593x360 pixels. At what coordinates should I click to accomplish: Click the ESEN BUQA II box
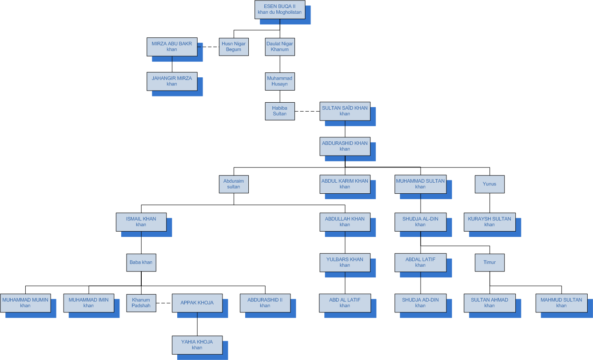point(280,9)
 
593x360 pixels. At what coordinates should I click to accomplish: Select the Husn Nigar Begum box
point(234,47)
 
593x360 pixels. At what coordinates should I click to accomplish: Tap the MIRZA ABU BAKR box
point(172,47)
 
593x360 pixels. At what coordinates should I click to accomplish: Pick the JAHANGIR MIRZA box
point(172,81)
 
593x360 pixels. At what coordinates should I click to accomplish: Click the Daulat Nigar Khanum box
point(280,47)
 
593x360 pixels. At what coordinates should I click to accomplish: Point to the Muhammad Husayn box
point(280,81)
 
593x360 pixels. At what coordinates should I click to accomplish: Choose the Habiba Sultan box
point(280,111)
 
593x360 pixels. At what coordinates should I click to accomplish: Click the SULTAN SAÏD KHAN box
point(345,111)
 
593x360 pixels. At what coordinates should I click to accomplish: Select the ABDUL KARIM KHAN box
point(345,184)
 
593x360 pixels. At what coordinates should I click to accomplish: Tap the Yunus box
point(490,184)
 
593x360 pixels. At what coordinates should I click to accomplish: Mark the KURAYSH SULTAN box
point(490,222)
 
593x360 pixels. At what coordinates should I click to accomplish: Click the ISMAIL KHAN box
point(141,222)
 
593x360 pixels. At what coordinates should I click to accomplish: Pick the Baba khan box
point(141,262)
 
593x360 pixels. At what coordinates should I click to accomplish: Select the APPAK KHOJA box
point(197,303)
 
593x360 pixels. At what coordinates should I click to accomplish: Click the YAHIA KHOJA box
point(197,344)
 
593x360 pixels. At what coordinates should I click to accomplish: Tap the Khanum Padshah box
point(141,303)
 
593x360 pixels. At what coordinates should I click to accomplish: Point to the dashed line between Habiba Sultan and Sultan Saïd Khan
point(307,111)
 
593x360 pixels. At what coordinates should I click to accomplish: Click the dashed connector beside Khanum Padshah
point(164,303)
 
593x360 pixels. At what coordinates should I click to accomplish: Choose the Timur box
point(490,262)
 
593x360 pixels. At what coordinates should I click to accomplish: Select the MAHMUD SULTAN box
point(561,303)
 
